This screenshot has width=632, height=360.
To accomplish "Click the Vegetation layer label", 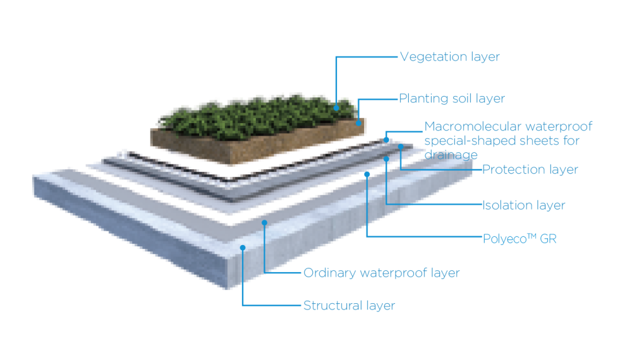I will (x=449, y=57).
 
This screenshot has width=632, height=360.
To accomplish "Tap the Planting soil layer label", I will (x=451, y=99).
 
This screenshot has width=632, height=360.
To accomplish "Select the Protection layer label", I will (x=530, y=169).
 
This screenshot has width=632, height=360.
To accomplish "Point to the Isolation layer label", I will (x=523, y=205).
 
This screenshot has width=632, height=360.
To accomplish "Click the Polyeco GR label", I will (x=519, y=239).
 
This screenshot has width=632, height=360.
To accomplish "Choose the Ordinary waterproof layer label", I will (x=381, y=273).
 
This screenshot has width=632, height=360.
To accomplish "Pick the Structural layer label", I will (x=349, y=306).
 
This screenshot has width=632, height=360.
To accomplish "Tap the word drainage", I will (x=451, y=154).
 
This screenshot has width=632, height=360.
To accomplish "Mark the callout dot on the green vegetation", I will (x=336, y=107).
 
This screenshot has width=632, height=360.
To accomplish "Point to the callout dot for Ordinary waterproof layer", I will (x=265, y=222).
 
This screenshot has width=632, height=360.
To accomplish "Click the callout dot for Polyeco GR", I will (x=367, y=172).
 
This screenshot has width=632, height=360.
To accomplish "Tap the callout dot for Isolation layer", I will (x=386, y=159).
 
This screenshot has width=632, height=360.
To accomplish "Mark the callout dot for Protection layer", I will (x=399, y=147).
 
